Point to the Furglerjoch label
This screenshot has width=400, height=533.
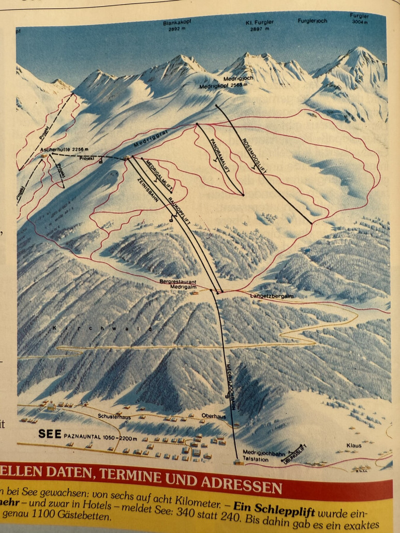click(313, 21)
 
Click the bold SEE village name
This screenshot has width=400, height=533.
click(50, 435)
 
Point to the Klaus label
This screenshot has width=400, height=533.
click(354, 445)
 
